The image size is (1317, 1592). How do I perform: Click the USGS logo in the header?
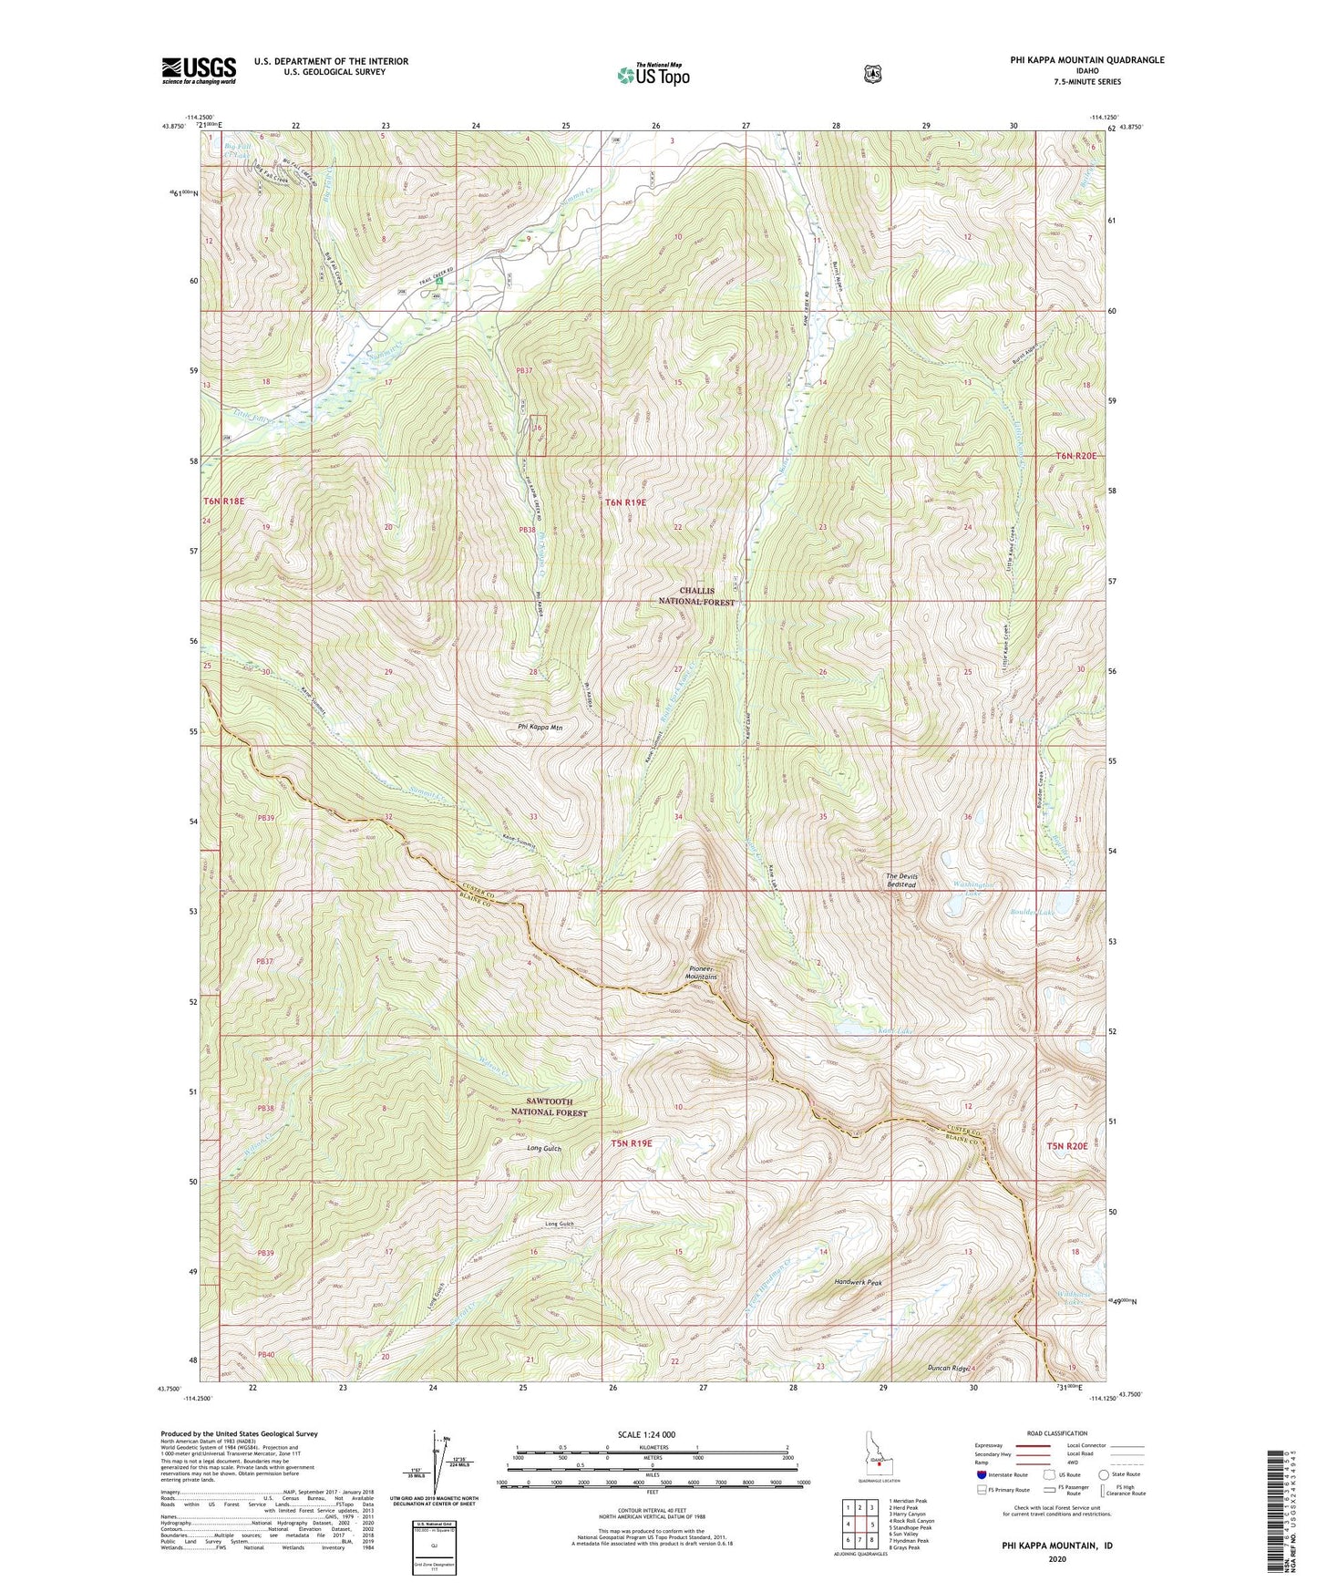[x=199, y=70]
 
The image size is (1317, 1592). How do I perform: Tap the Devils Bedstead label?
[x=900, y=881]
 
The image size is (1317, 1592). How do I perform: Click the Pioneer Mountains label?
[x=702, y=972]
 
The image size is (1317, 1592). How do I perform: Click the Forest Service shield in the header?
[x=872, y=73]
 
